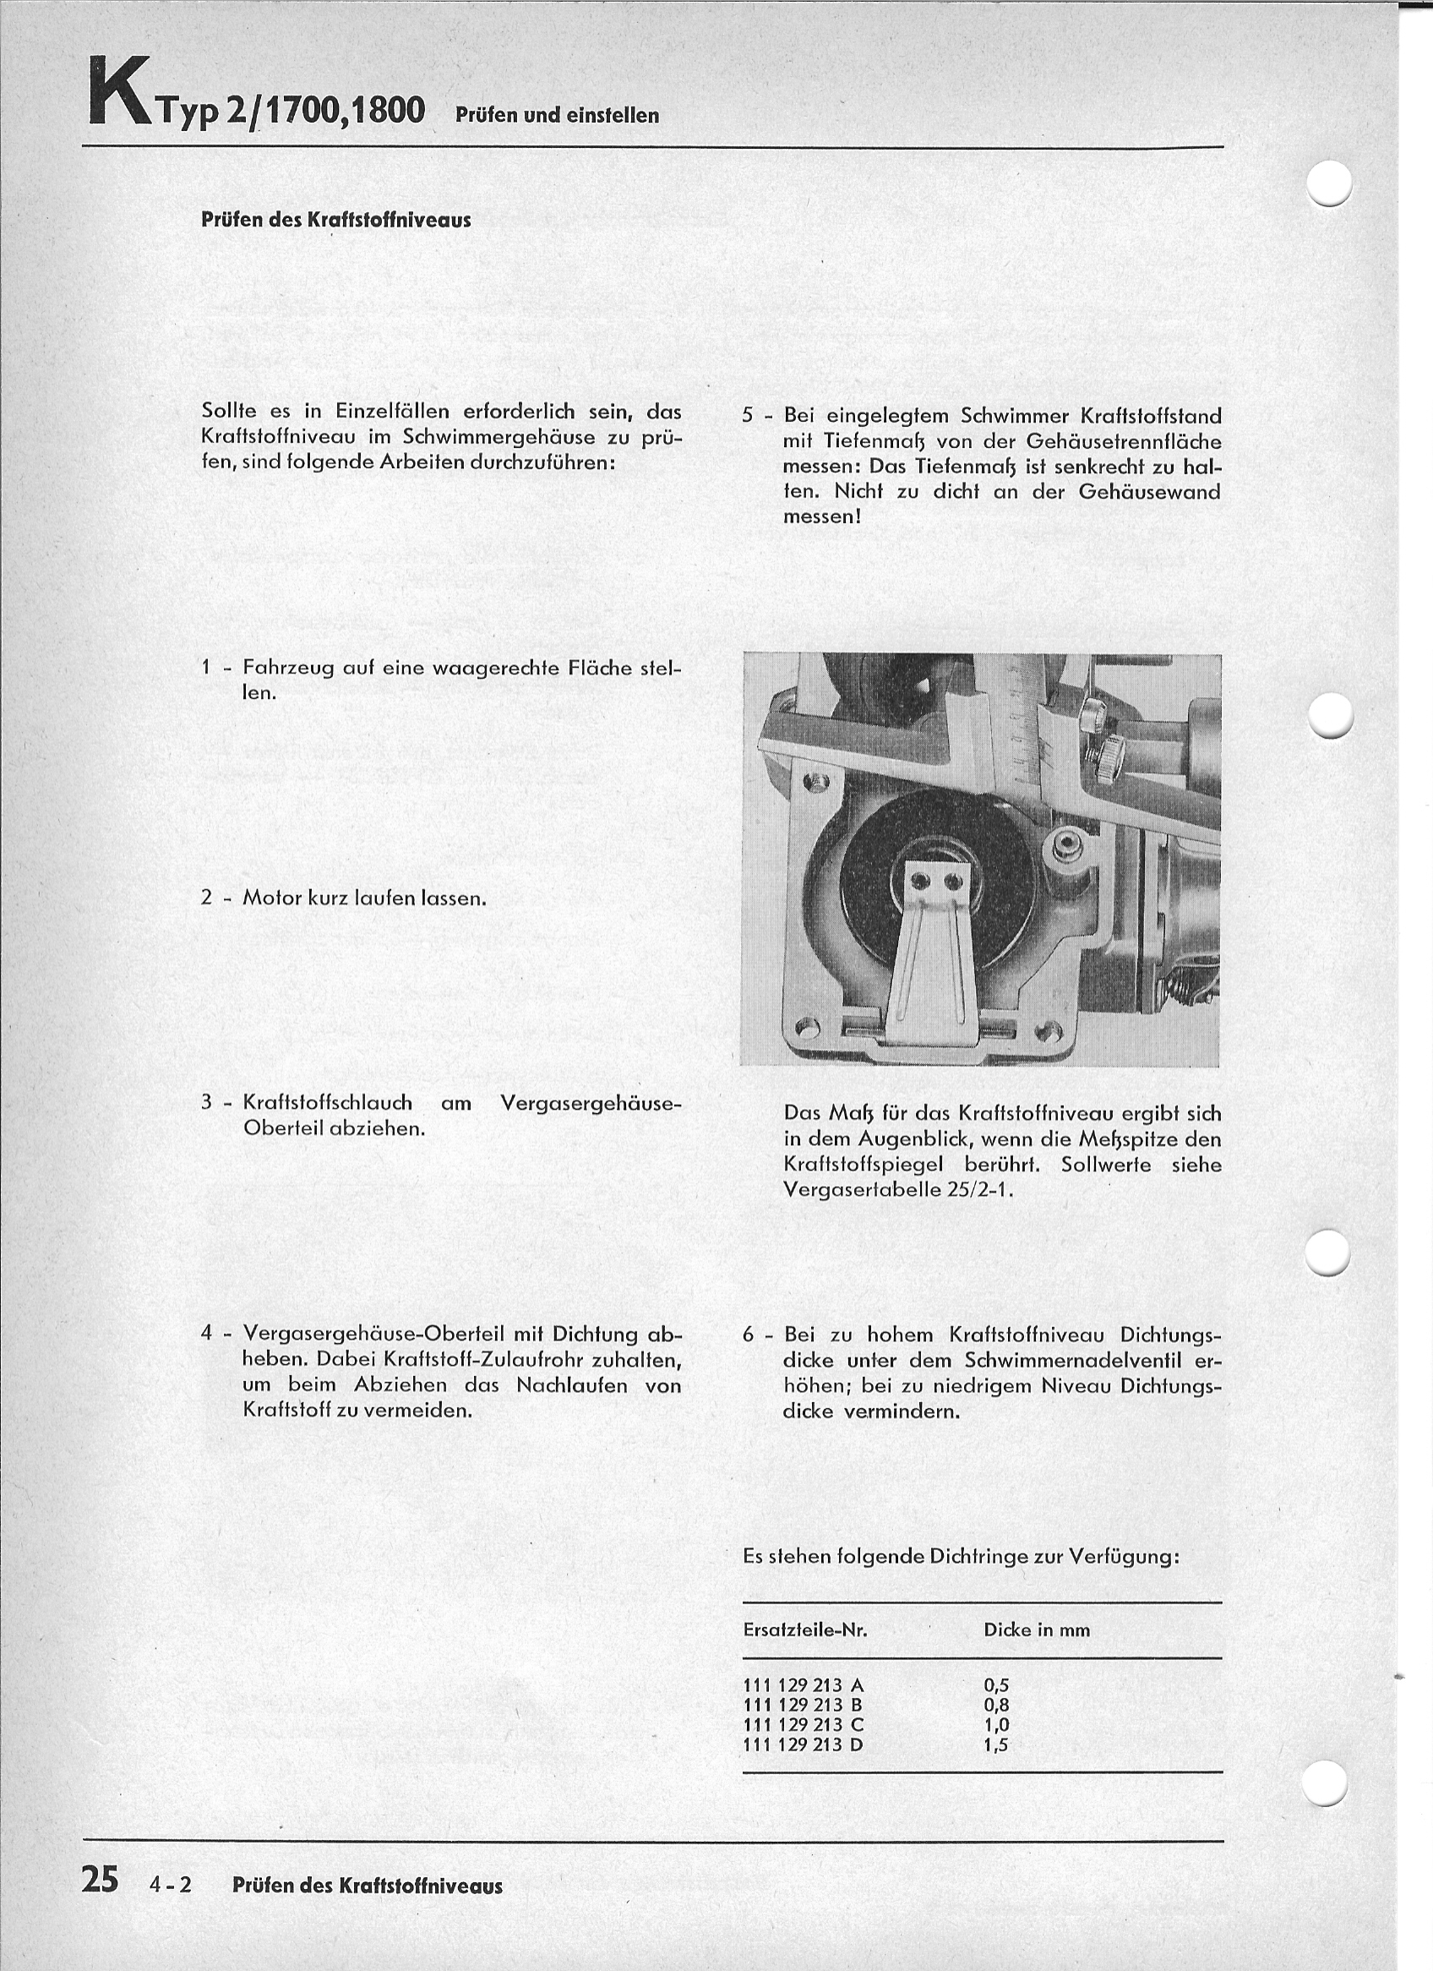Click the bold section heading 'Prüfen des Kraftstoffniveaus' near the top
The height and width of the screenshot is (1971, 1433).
335,220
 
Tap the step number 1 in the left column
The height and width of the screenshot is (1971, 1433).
206,668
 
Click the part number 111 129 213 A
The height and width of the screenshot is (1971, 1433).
804,1685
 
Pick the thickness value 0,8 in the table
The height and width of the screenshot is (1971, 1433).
996,1705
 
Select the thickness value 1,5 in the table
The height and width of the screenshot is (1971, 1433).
996,1744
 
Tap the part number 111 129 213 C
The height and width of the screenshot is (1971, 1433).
804,1725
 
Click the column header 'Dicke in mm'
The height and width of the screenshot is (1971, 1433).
1036,1630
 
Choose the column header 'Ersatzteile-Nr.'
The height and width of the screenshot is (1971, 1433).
805,1630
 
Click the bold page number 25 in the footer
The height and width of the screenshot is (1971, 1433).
100,1879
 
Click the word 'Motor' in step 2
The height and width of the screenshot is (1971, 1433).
271,897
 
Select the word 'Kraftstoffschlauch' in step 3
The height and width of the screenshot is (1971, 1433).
328,1103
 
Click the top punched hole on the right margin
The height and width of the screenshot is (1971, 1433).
1329,183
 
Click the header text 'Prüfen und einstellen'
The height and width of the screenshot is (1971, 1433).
557,116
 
